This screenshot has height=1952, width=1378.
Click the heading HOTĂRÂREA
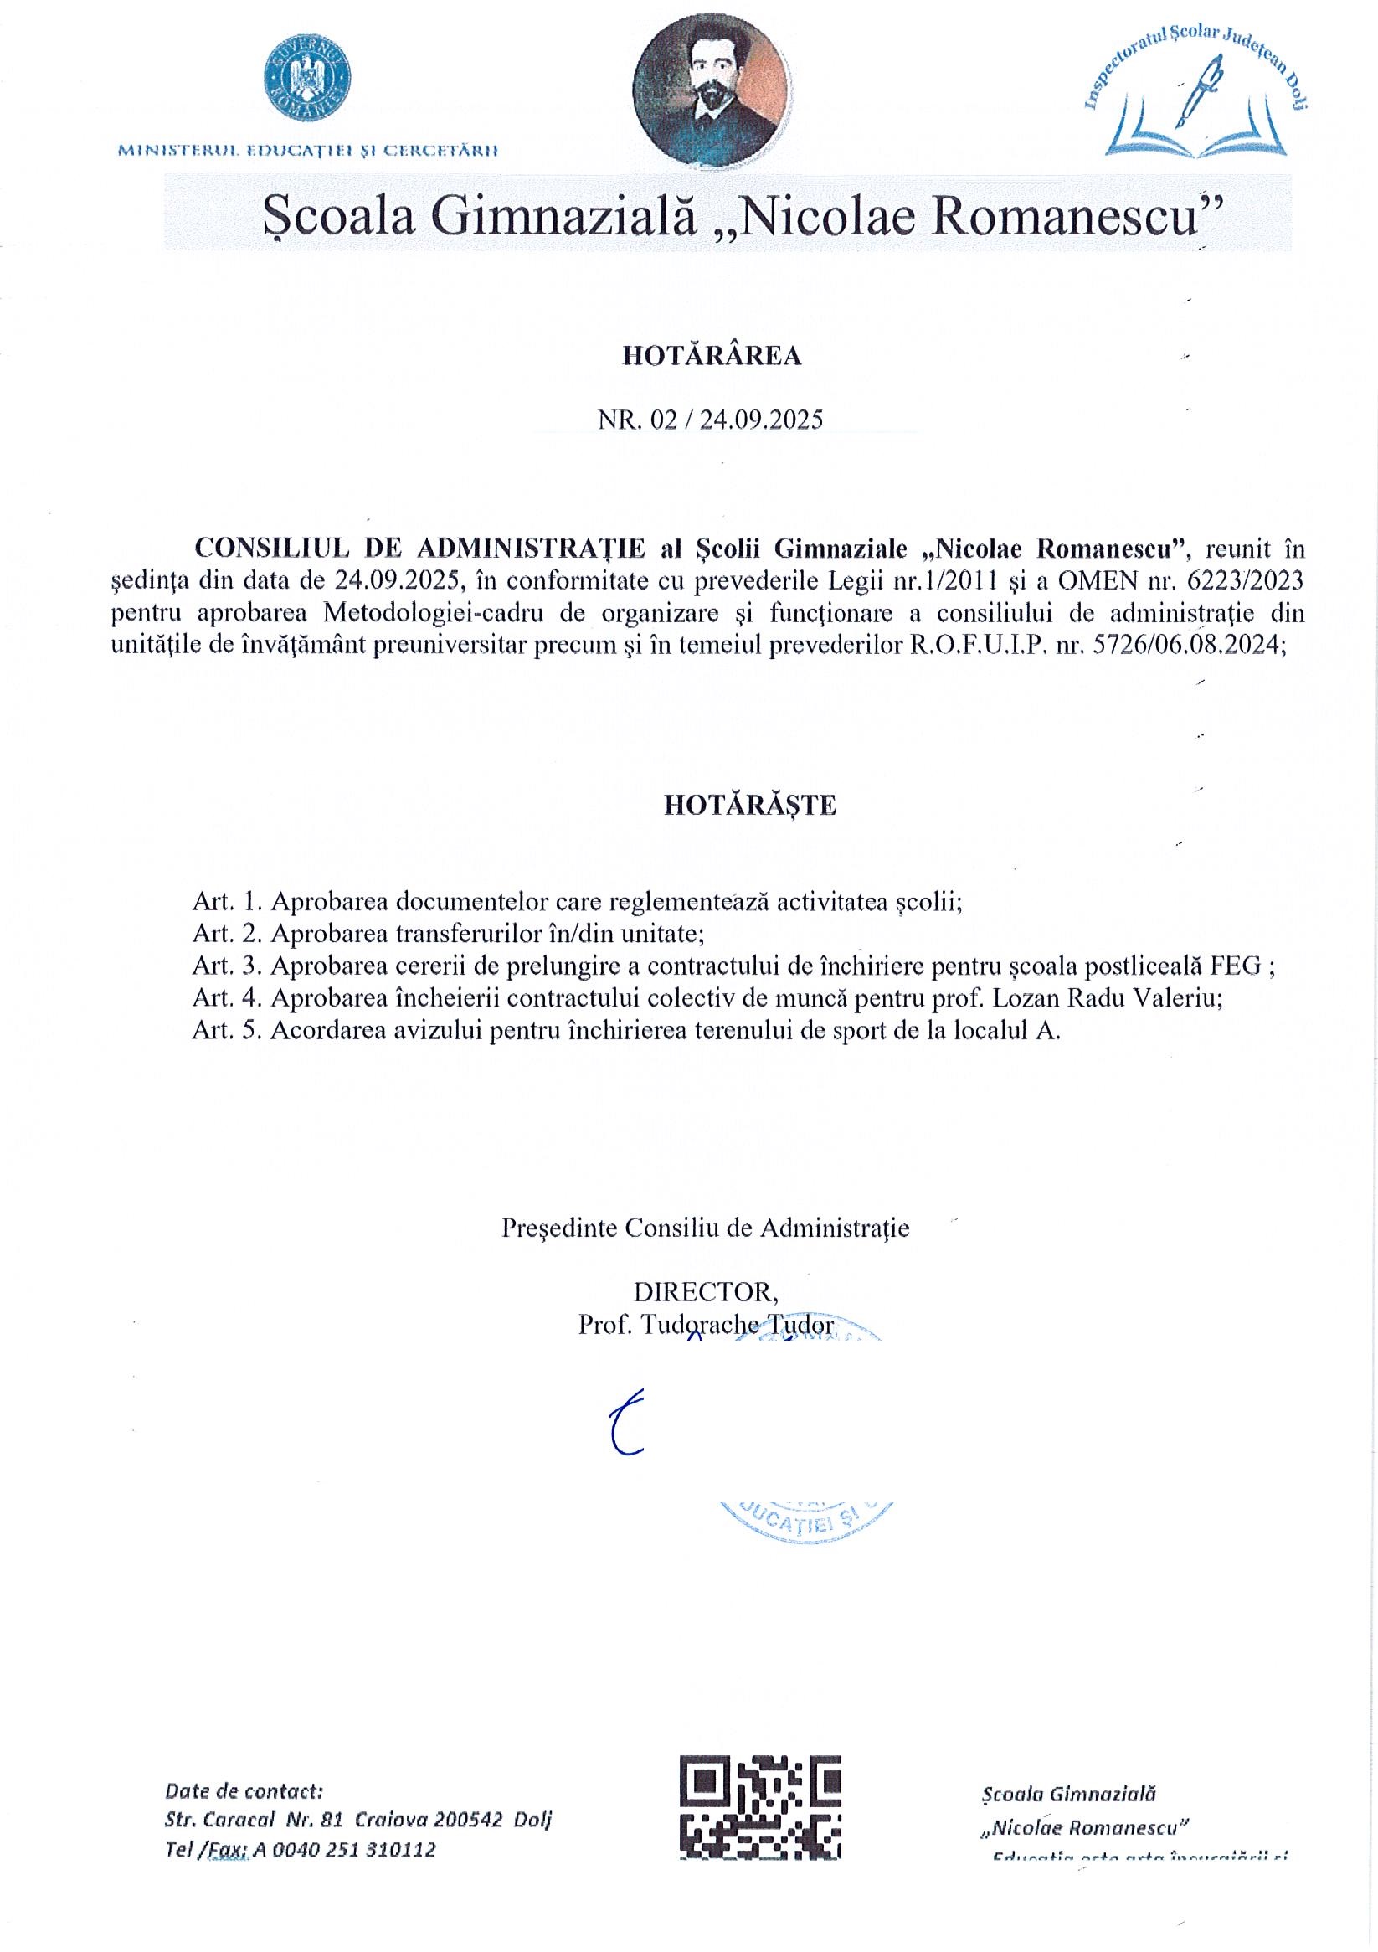[712, 356]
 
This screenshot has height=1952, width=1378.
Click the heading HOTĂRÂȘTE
[750, 805]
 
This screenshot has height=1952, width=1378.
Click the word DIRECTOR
[705, 1292]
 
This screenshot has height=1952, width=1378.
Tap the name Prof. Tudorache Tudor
[706, 1325]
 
